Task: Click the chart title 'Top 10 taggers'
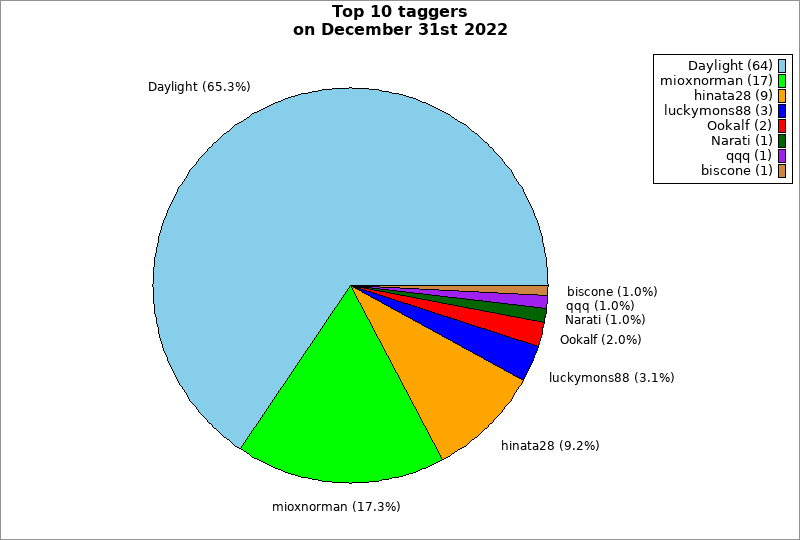pyautogui.click(x=399, y=12)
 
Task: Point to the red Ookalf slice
pyautogui.click(x=520, y=329)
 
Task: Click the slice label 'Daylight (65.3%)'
pyautogui.click(x=199, y=87)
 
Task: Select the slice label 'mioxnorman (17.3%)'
pyautogui.click(x=336, y=507)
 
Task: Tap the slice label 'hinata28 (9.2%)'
pyautogui.click(x=550, y=445)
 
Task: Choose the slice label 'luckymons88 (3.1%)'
pyautogui.click(x=612, y=378)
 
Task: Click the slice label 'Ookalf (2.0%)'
pyautogui.click(x=601, y=340)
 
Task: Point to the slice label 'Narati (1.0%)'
pyautogui.click(x=605, y=320)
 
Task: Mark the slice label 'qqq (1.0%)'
pyautogui.click(x=600, y=306)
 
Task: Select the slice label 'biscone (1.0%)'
pyautogui.click(x=612, y=292)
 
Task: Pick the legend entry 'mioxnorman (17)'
pyautogui.click(x=716, y=81)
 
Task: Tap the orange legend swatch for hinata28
pyautogui.click(x=782, y=96)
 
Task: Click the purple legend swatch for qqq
pyautogui.click(x=782, y=156)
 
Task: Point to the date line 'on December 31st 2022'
pyautogui.click(x=399, y=30)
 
